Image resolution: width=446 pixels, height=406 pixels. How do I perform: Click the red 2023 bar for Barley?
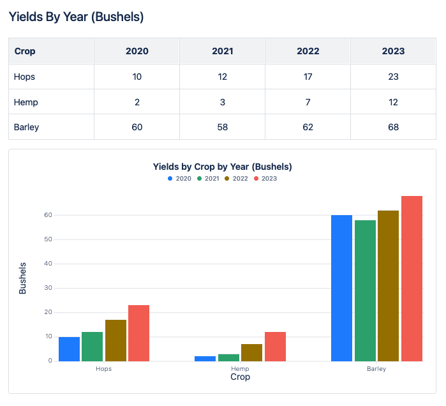(x=412, y=278)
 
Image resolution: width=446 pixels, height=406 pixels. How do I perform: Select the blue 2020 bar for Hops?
(x=69, y=349)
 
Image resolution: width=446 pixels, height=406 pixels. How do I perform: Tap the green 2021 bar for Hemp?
(x=228, y=357)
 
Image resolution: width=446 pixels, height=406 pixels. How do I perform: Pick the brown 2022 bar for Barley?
(x=388, y=285)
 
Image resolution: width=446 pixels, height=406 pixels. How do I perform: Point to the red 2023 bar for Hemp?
(x=275, y=346)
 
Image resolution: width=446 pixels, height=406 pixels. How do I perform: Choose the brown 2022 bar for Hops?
(x=115, y=340)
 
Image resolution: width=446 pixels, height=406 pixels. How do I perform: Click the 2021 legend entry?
(x=208, y=179)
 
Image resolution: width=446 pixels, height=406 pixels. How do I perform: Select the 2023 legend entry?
(x=265, y=179)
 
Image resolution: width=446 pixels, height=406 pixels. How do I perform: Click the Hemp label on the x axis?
(x=240, y=369)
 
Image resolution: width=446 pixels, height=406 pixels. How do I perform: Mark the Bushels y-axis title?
(x=23, y=278)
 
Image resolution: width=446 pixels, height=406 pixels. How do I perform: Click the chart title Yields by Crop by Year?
(x=222, y=167)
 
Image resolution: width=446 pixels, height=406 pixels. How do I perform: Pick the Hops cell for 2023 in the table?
(x=393, y=77)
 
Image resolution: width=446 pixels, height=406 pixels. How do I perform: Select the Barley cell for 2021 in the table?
(x=222, y=127)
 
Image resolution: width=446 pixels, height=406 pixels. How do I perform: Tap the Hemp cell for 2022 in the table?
(x=308, y=102)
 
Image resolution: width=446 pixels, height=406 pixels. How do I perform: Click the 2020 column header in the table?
(x=137, y=51)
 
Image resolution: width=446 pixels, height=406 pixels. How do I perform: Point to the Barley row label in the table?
(x=27, y=127)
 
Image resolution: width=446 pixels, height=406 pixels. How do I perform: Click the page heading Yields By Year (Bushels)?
(x=76, y=17)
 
